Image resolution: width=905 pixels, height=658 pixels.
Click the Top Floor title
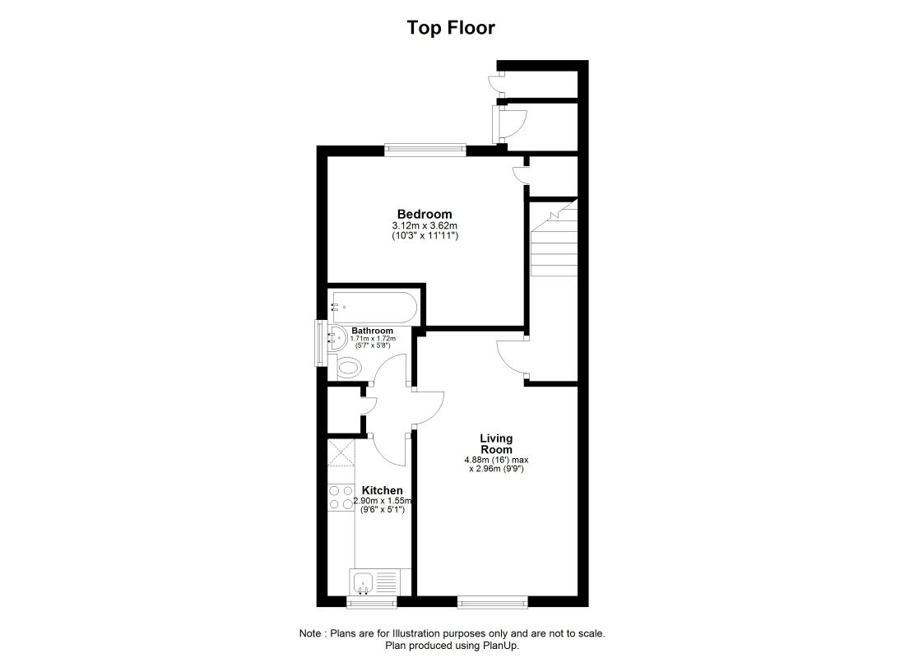[451, 28]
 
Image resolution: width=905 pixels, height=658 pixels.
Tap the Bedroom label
[425, 214]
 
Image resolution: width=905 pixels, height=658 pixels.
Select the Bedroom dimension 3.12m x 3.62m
[425, 225]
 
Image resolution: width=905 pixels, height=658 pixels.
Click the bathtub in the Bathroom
[373, 308]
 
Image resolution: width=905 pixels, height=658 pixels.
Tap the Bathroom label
[372, 331]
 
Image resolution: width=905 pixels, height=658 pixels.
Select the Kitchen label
[382, 490]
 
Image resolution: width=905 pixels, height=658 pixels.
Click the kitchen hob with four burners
[341, 498]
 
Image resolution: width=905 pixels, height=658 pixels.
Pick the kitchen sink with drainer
[374, 582]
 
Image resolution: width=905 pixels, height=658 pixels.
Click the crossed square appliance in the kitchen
[341, 452]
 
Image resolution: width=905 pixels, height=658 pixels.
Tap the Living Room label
[496, 444]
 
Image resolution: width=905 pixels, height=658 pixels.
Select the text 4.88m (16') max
[496, 460]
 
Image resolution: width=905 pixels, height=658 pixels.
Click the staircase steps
[554, 238]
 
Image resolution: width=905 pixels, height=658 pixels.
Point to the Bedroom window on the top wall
[425, 150]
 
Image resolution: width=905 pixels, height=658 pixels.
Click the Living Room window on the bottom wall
[492, 602]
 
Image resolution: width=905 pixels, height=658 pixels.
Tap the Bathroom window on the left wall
[320, 343]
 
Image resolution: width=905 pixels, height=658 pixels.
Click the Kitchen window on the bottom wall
[372, 602]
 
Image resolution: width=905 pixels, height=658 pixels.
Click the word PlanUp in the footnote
[501, 646]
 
